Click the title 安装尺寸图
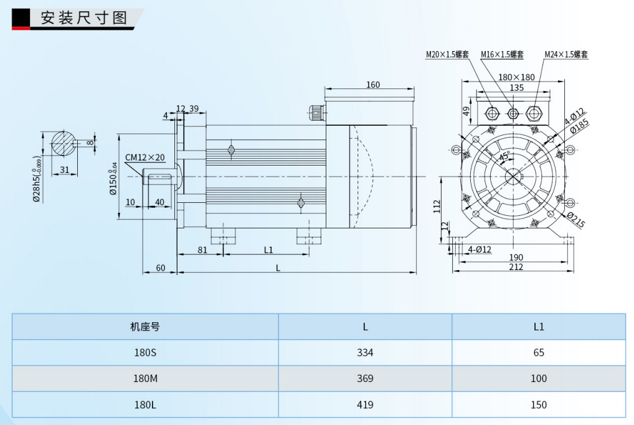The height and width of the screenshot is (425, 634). click(x=83, y=17)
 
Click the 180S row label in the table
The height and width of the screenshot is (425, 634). click(x=145, y=352)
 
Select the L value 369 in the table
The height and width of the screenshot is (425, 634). click(x=365, y=378)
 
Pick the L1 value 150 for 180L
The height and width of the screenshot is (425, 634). click(x=539, y=404)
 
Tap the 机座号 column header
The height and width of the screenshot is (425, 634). click(x=145, y=326)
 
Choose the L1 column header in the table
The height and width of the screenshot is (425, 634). click(x=539, y=326)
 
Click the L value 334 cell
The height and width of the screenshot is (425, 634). click(x=365, y=352)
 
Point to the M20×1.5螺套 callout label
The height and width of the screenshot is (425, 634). click(x=448, y=55)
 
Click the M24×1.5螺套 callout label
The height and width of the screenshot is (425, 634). click(x=565, y=55)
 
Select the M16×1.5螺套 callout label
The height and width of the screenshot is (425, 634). click(x=502, y=55)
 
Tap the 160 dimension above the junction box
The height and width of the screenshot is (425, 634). click(x=372, y=85)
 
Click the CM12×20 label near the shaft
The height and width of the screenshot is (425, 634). click(x=145, y=157)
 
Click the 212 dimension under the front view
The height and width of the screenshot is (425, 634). click(x=516, y=267)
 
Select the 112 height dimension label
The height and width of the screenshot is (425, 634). click(x=437, y=206)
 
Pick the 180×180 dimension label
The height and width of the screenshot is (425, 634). click(x=516, y=77)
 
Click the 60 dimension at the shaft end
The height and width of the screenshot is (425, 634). click(x=160, y=268)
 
